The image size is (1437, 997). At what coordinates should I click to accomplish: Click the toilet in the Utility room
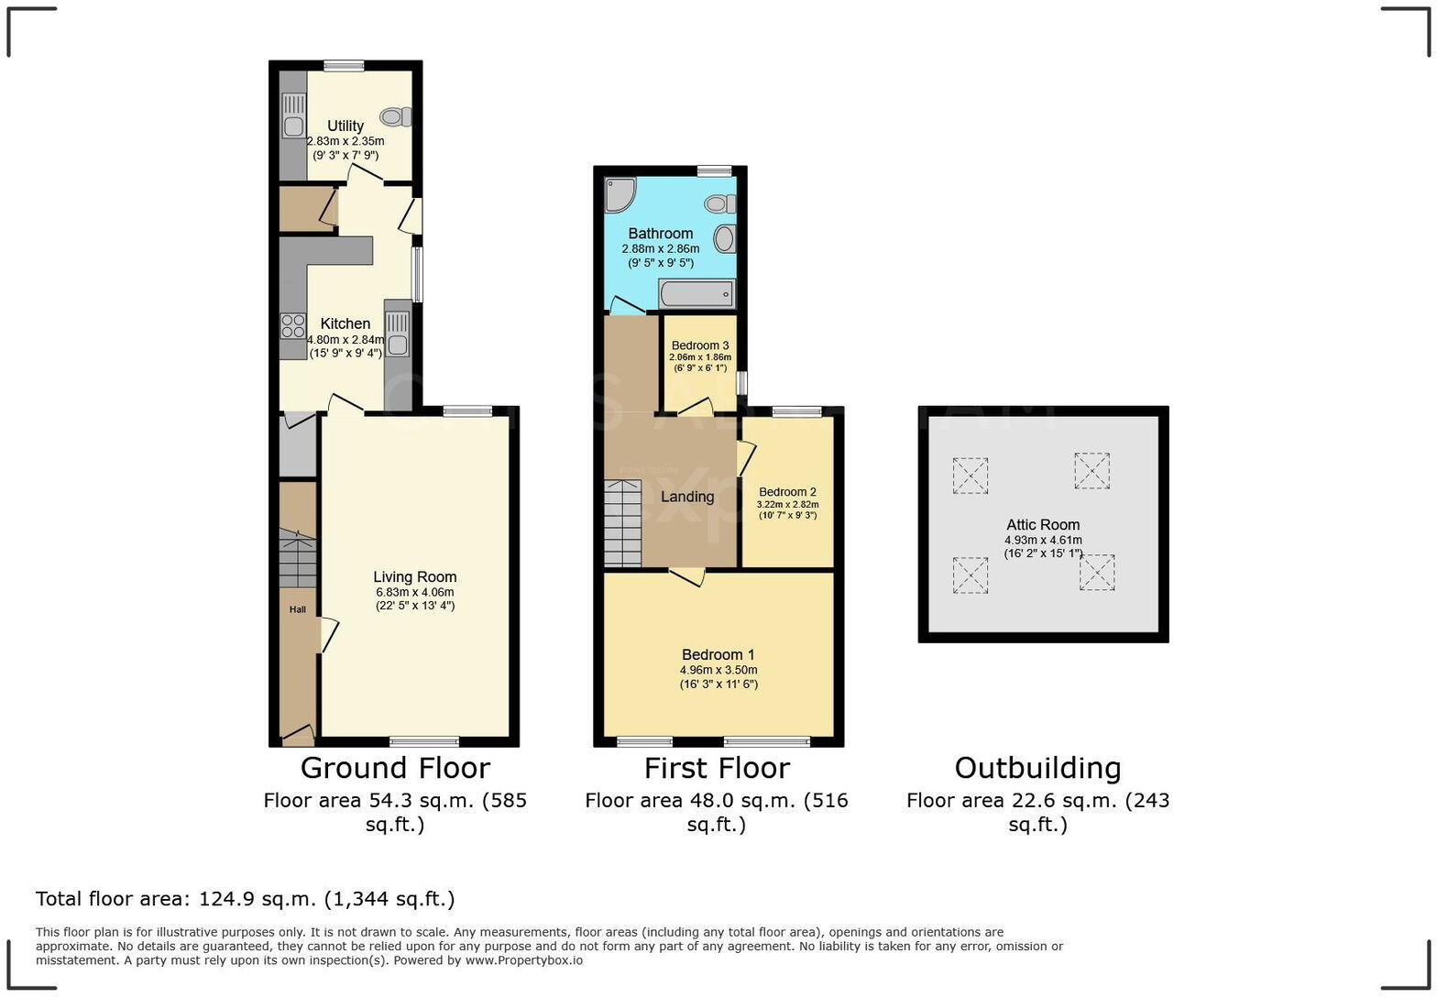[x=397, y=116]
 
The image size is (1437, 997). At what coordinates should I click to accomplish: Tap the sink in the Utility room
[x=293, y=126]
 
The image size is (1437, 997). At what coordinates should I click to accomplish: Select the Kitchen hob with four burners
[x=293, y=325]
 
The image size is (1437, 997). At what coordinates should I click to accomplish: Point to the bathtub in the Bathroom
[x=697, y=294]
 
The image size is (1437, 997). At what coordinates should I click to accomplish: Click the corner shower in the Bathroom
[x=620, y=193]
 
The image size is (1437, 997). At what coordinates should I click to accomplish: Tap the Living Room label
[x=414, y=576]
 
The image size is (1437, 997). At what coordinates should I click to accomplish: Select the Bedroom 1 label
[x=718, y=654]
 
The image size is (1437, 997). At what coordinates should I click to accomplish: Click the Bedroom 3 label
[x=700, y=345]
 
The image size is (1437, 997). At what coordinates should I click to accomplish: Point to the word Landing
[x=687, y=497]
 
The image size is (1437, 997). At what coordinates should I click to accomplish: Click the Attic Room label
[x=1043, y=525]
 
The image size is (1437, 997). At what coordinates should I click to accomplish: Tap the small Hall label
[x=298, y=609]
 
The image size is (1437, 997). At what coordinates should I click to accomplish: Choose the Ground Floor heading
[x=395, y=768]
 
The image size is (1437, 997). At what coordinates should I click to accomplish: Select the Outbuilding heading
[x=1037, y=768]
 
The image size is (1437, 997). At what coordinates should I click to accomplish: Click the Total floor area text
[x=245, y=899]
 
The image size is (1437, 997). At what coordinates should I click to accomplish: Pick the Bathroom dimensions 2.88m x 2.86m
[x=660, y=248]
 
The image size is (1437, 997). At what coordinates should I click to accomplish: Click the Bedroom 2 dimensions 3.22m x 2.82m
[x=787, y=504]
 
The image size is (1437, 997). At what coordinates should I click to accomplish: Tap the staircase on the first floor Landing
[x=622, y=523]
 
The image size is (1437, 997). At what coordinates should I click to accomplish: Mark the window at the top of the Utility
[x=344, y=65]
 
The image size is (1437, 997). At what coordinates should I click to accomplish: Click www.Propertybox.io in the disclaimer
[x=523, y=960]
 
